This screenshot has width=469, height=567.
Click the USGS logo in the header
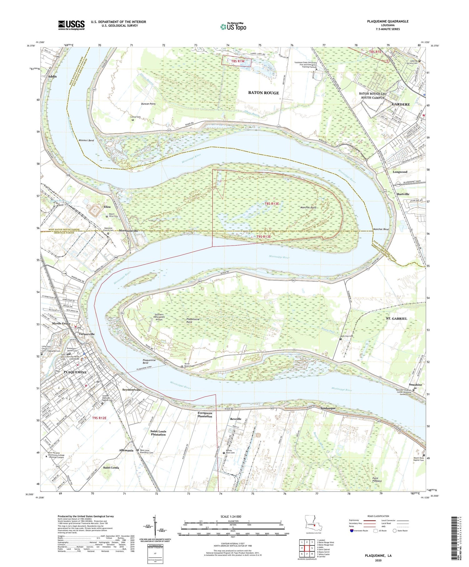tap(71, 25)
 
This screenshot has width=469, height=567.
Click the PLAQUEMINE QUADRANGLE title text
tap(388, 21)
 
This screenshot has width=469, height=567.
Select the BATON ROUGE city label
tap(263, 93)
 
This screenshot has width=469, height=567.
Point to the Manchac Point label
tap(309, 207)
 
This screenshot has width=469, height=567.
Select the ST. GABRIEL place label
tap(396, 318)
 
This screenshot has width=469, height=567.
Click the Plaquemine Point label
tap(193, 321)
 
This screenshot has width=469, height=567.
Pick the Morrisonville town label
tap(128, 231)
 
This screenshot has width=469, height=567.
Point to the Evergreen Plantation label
tap(205, 414)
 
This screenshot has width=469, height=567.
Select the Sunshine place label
tap(416, 385)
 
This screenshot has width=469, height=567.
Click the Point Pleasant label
tap(377, 480)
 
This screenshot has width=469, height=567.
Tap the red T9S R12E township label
tap(99, 418)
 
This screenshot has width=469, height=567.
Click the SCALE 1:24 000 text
tap(231, 516)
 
